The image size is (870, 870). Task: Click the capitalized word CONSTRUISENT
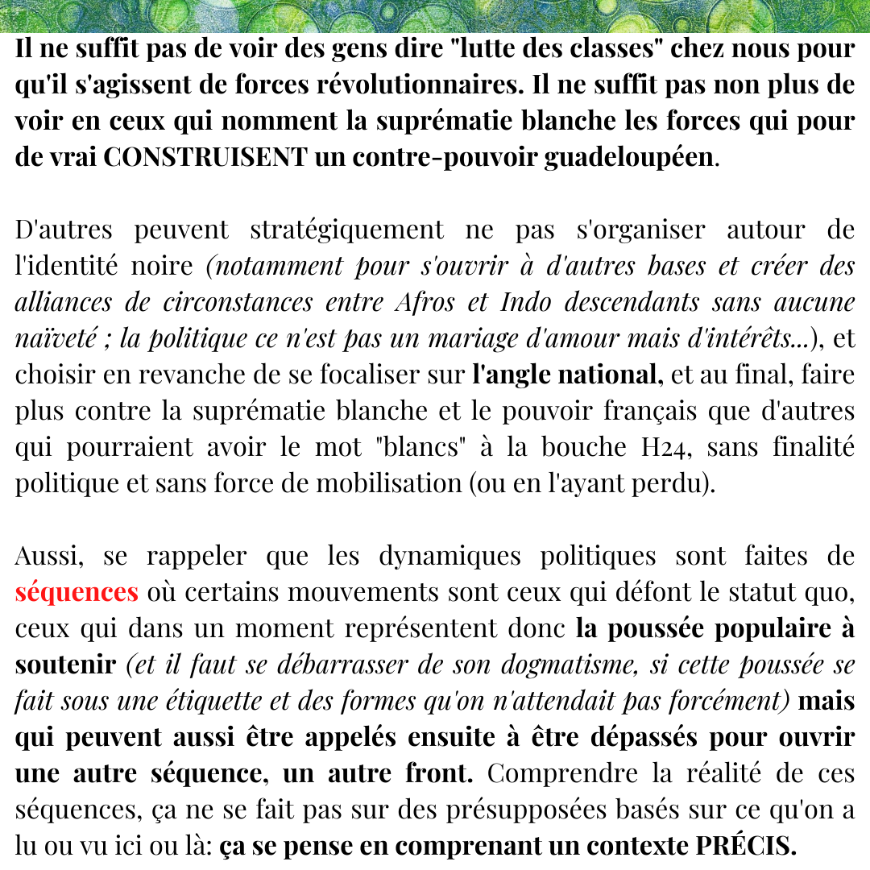(205, 156)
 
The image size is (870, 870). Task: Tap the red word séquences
(77, 592)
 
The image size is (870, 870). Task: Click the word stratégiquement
(346, 230)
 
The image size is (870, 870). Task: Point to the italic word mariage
(483, 338)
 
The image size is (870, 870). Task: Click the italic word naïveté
(56, 338)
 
